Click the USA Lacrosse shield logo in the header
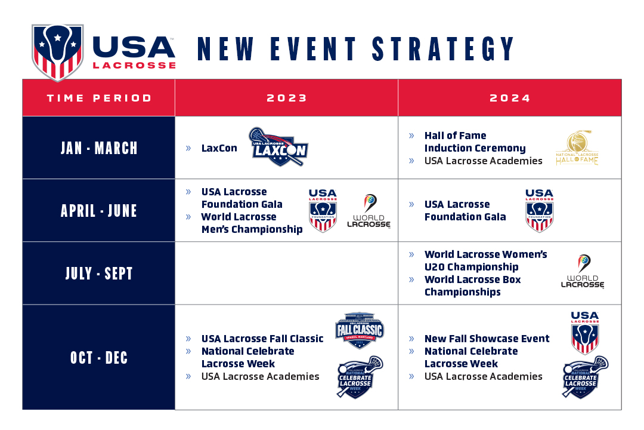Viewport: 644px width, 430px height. [x=57, y=52]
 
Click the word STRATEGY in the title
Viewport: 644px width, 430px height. [x=444, y=49]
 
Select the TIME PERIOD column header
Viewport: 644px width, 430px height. [x=99, y=98]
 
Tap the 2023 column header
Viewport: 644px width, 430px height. [x=287, y=98]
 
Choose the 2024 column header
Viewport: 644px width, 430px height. [x=510, y=98]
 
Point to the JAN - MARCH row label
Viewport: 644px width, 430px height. [x=99, y=148]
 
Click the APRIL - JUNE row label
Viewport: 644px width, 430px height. [x=99, y=210]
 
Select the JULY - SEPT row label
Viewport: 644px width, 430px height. [x=99, y=274]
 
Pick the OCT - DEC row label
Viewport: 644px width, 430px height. [x=99, y=357]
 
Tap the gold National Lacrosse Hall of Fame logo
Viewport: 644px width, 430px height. [x=577, y=148]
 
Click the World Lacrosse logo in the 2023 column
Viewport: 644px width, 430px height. [x=369, y=211]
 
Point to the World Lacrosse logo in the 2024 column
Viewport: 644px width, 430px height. [x=583, y=272]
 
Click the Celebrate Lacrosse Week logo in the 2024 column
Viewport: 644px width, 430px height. [x=585, y=377]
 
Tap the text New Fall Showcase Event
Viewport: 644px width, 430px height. [x=487, y=339]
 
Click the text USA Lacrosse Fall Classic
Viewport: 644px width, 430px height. [x=262, y=339]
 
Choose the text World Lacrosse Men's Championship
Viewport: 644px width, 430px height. [x=252, y=223]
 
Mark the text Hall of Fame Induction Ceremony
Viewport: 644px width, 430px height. [x=475, y=142]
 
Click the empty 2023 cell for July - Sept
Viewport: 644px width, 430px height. [x=287, y=274]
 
